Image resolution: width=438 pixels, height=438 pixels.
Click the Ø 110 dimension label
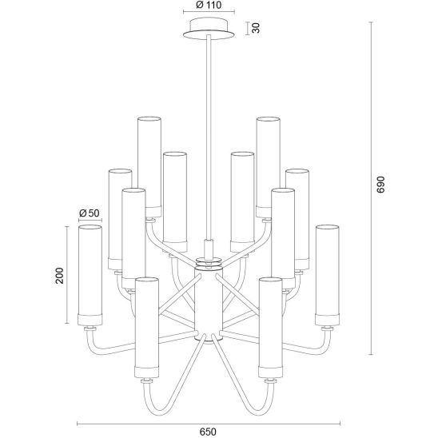tap(209, 5)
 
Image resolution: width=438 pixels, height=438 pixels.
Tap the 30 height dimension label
tap(256, 28)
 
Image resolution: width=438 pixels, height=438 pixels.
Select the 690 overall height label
tap(380, 185)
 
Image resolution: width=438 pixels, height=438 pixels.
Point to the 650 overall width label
tap(208, 432)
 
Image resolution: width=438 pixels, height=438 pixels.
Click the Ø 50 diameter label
tap(90, 213)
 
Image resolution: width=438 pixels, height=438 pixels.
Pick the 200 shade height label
tap(59, 276)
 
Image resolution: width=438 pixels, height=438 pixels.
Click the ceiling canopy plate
tap(209, 29)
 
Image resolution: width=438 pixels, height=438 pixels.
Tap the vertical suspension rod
tap(209, 137)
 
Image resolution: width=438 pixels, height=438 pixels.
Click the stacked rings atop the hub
tap(209, 264)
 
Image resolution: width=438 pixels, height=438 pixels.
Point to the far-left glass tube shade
tap(90, 275)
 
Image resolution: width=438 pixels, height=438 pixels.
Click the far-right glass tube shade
tap(327, 275)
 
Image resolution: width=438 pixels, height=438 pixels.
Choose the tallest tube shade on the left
tap(149, 167)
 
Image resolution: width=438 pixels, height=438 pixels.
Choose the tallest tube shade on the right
tap(268, 167)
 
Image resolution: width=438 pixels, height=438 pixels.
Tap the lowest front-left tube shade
tap(146, 328)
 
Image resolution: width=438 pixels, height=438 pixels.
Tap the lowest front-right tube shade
tap(270, 328)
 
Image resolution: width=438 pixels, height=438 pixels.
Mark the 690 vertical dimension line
tap(371, 188)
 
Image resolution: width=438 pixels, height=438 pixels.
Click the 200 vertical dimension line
tap(67, 275)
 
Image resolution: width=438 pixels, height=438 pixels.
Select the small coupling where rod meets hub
tap(209, 249)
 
